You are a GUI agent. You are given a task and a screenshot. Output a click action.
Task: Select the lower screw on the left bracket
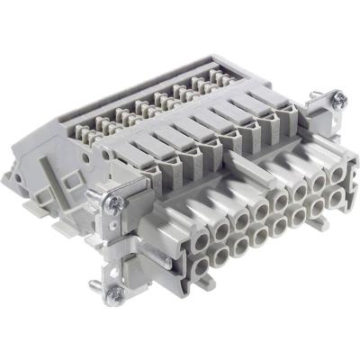pyautogui.click(x=114, y=292)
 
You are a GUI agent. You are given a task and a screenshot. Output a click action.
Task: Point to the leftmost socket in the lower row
pyautogui.click(x=198, y=265)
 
